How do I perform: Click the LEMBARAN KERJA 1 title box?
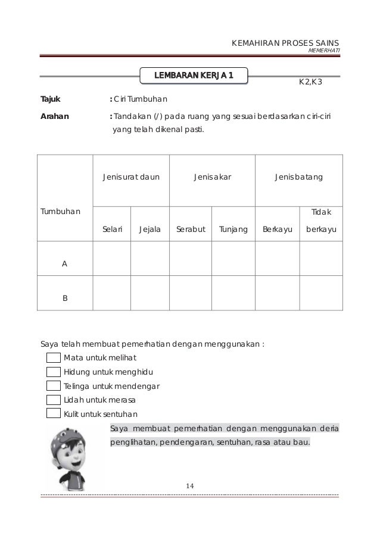pyautogui.click(x=194, y=76)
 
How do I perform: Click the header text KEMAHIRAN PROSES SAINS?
pyautogui.click(x=285, y=43)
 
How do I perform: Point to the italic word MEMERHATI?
pyautogui.click(x=324, y=51)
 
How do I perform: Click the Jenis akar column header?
pyautogui.click(x=212, y=177)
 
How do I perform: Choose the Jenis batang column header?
pyautogui.click(x=298, y=177)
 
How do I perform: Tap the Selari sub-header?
pyautogui.click(x=112, y=228)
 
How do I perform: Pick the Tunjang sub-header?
pyautogui.click(x=233, y=228)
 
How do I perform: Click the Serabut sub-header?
pyautogui.click(x=190, y=228)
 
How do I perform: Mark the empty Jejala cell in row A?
pyautogui.click(x=150, y=259)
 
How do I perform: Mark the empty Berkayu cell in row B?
pyautogui.click(x=277, y=293)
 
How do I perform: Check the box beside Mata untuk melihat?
pyautogui.click(x=54, y=357)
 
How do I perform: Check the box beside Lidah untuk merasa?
pyautogui.click(x=54, y=400)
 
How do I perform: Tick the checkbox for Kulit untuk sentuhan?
pyautogui.click(x=54, y=414)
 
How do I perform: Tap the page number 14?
pyautogui.click(x=190, y=487)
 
